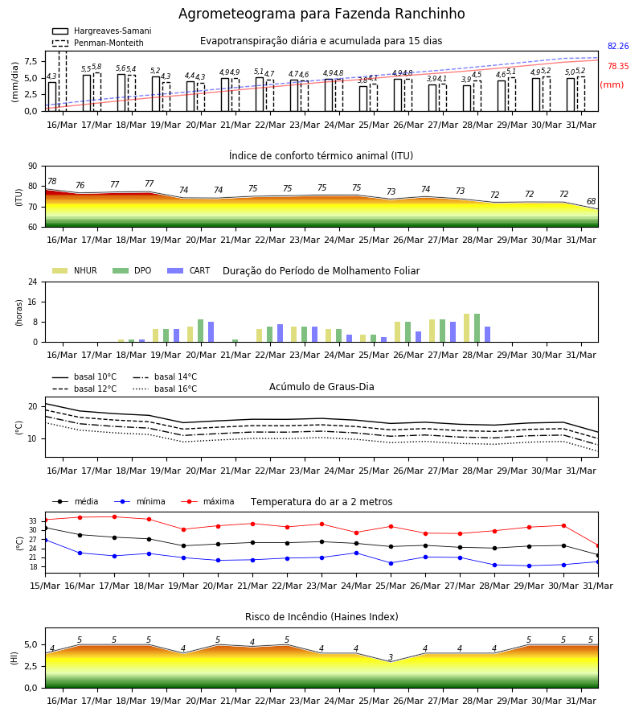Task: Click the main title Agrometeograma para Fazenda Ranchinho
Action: pos(321,14)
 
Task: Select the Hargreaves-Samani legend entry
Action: pos(101,31)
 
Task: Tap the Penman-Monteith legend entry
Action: pos(98,43)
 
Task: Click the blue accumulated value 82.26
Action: pos(618,46)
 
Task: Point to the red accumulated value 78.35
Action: pos(618,66)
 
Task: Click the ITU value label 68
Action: pos(591,201)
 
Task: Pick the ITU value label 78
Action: pos(52,182)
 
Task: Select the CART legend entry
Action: pos(189,270)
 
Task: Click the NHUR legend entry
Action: pos(75,270)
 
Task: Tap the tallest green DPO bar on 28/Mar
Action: pos(477,328)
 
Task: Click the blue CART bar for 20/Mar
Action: pos(211,332)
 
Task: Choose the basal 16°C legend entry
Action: pos(165,389)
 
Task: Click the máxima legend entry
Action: pos(207,501)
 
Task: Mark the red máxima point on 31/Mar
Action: pos(598,545)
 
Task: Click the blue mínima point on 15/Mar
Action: pos(45,540)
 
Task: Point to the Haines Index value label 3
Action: pos(391,657)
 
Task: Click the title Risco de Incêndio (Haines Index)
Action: pos(321,617)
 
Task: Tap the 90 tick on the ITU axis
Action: pos(33,167)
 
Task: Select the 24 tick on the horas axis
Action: pos(33,282)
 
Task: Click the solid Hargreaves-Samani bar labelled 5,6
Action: pos(121,93)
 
